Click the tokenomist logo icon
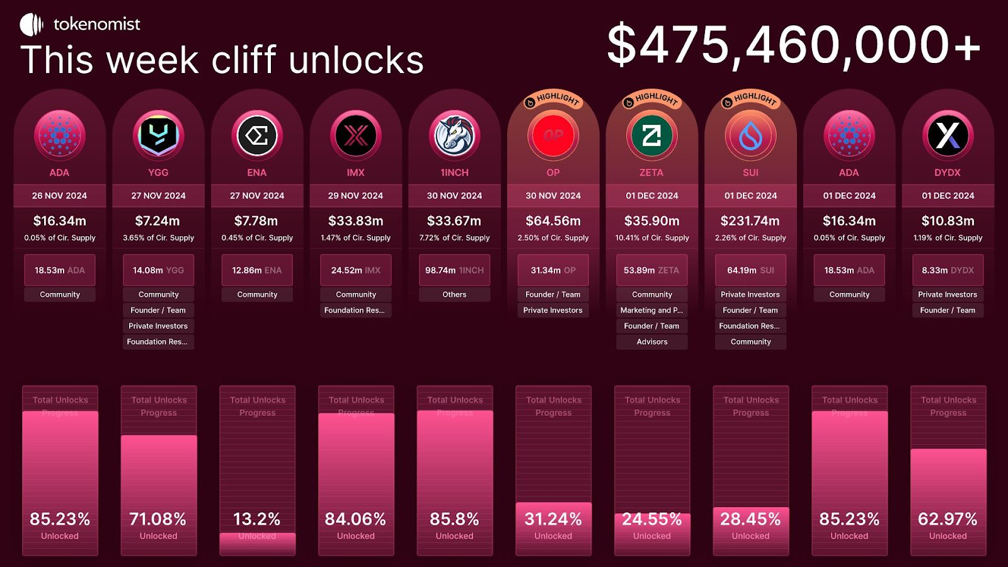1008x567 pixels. [31, 25]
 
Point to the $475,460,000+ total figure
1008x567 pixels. [793, 45]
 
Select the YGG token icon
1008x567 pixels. [158, 135]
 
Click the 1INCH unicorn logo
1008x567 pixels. [454, 135]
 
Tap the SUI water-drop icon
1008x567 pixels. [750, 135]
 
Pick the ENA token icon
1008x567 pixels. [257, 135]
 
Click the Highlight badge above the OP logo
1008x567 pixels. [553, 100]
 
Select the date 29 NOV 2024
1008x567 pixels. [355, 196]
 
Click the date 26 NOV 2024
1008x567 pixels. [60, 196]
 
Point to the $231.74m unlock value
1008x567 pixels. [750, 221]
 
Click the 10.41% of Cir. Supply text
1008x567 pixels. [652, 238]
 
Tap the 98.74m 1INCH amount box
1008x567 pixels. [454, 270]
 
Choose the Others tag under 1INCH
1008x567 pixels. [454, 294]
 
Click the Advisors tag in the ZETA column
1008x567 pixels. [652, 341]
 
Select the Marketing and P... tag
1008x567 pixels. [652, 310]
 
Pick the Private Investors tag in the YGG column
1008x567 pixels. [158, 326]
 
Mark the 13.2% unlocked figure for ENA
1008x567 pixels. [257, 519]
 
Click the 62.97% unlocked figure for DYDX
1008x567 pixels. [948, 519]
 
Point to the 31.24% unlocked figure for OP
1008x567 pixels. [553, 519]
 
